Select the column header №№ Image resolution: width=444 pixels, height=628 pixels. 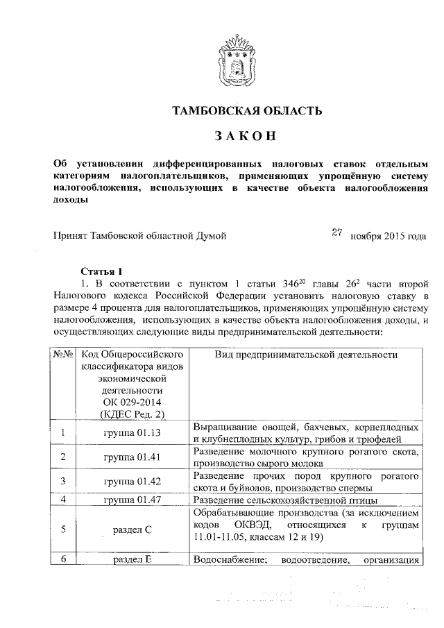pyautogui.click(x=63, y=354)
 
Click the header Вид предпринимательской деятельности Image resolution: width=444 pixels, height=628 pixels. pyautogui.click(x=305, y=354)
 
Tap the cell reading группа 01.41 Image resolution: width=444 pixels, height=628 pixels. pyautogui.click(x=132, y=457)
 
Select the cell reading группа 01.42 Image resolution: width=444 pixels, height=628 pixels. pyautogui.click(x=132, y=481)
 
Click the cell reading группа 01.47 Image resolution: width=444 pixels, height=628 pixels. pyautogui.click(x=132, y=500)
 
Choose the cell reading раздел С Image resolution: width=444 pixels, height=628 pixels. pyautogui.click(x=132, y=529)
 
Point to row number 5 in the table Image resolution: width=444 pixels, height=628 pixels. pyautogui.click(x=63, y=529)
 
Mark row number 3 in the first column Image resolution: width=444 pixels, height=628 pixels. pyautogui.click(x=63, y=481)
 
